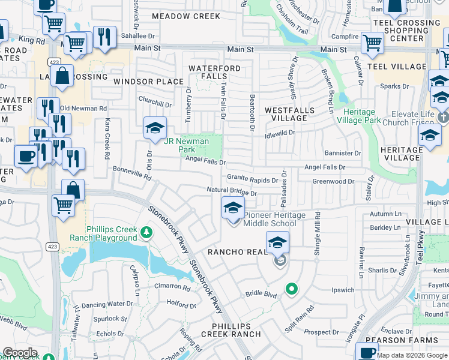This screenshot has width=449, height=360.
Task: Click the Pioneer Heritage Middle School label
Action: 274,220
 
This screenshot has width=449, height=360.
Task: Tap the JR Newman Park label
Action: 186,145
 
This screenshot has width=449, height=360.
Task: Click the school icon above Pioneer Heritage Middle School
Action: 234,208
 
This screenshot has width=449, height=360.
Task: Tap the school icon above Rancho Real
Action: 278,242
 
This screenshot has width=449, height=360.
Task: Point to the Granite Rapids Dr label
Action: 252,178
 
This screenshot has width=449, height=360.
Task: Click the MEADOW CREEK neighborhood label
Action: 185,16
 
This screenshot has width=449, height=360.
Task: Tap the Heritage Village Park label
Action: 363,116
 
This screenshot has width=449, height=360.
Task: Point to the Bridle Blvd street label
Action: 261,295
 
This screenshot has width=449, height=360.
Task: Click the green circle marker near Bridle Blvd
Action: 292,290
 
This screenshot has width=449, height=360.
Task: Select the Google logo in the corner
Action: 20,353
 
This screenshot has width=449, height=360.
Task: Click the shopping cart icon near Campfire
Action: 372,43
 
